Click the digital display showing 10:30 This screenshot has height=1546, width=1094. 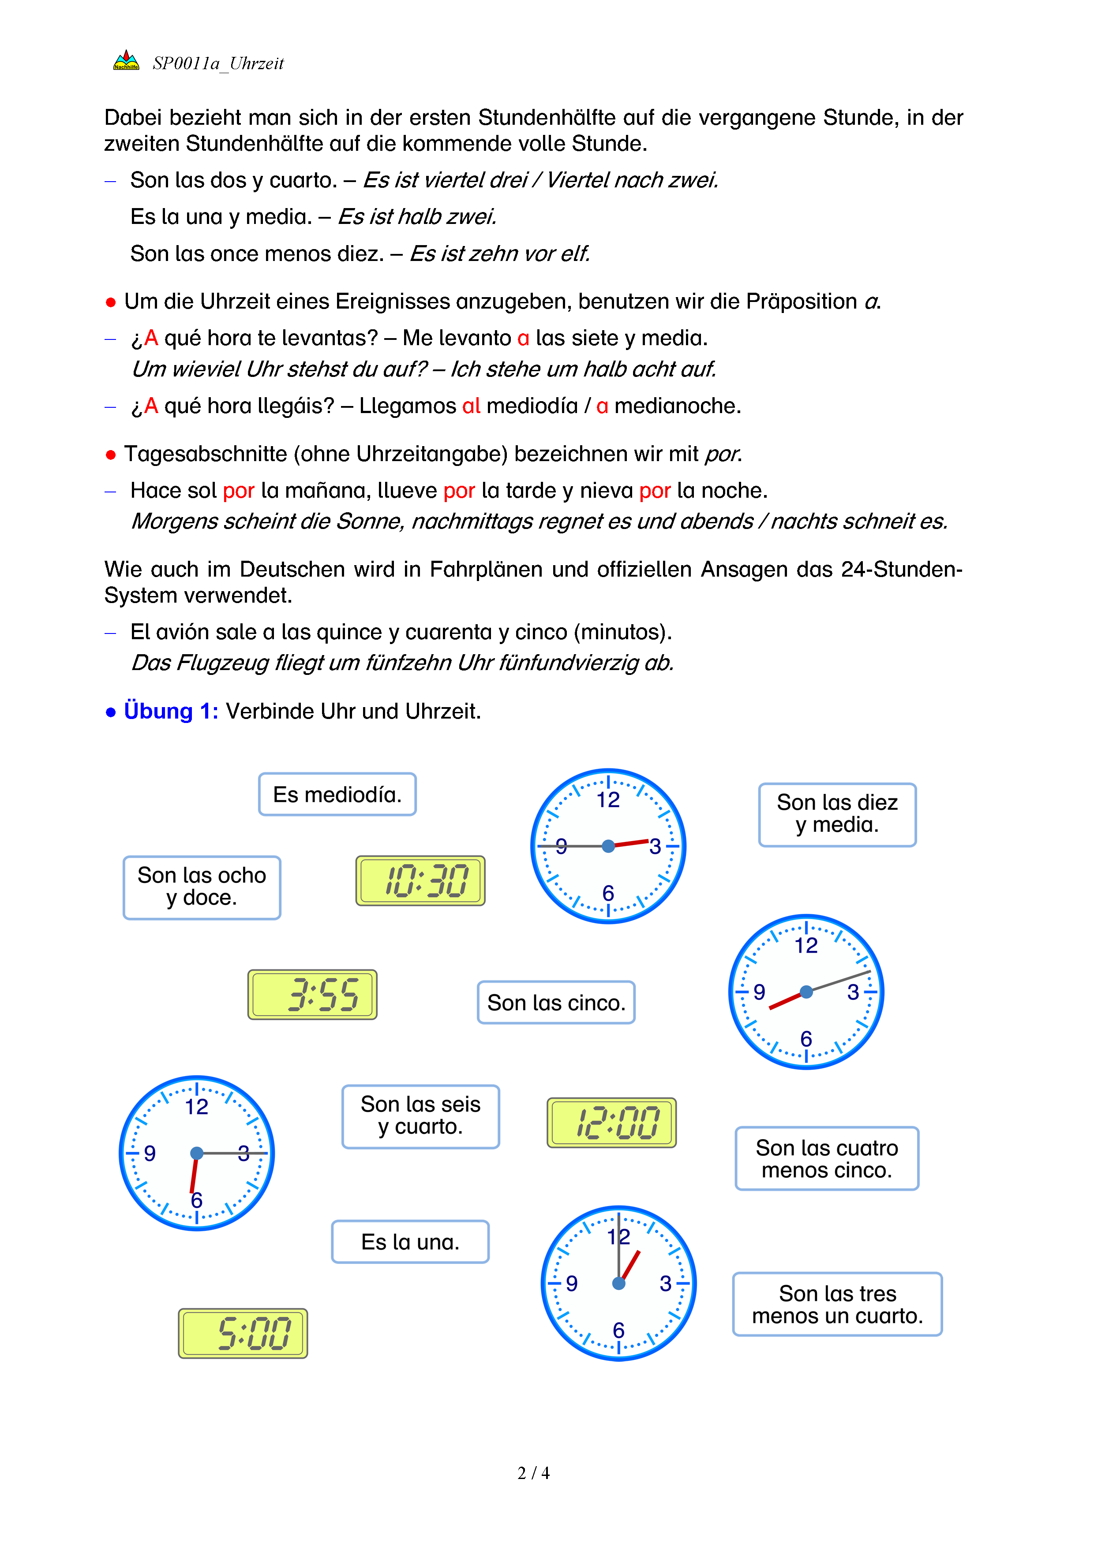coord(420,881)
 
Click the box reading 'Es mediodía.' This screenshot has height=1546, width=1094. coord(337,794)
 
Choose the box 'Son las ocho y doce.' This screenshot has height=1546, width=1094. coord(202,887)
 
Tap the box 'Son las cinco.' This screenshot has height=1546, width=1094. coord(556,1002)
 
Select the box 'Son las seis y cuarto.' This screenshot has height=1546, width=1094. coord(420,1116)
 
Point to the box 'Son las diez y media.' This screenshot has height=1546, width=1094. coord(837,814)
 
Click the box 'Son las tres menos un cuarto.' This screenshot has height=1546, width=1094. coord(837,1304)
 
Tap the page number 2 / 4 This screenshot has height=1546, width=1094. coord(533,1473)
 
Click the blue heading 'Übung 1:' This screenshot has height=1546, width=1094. coord(170,711)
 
